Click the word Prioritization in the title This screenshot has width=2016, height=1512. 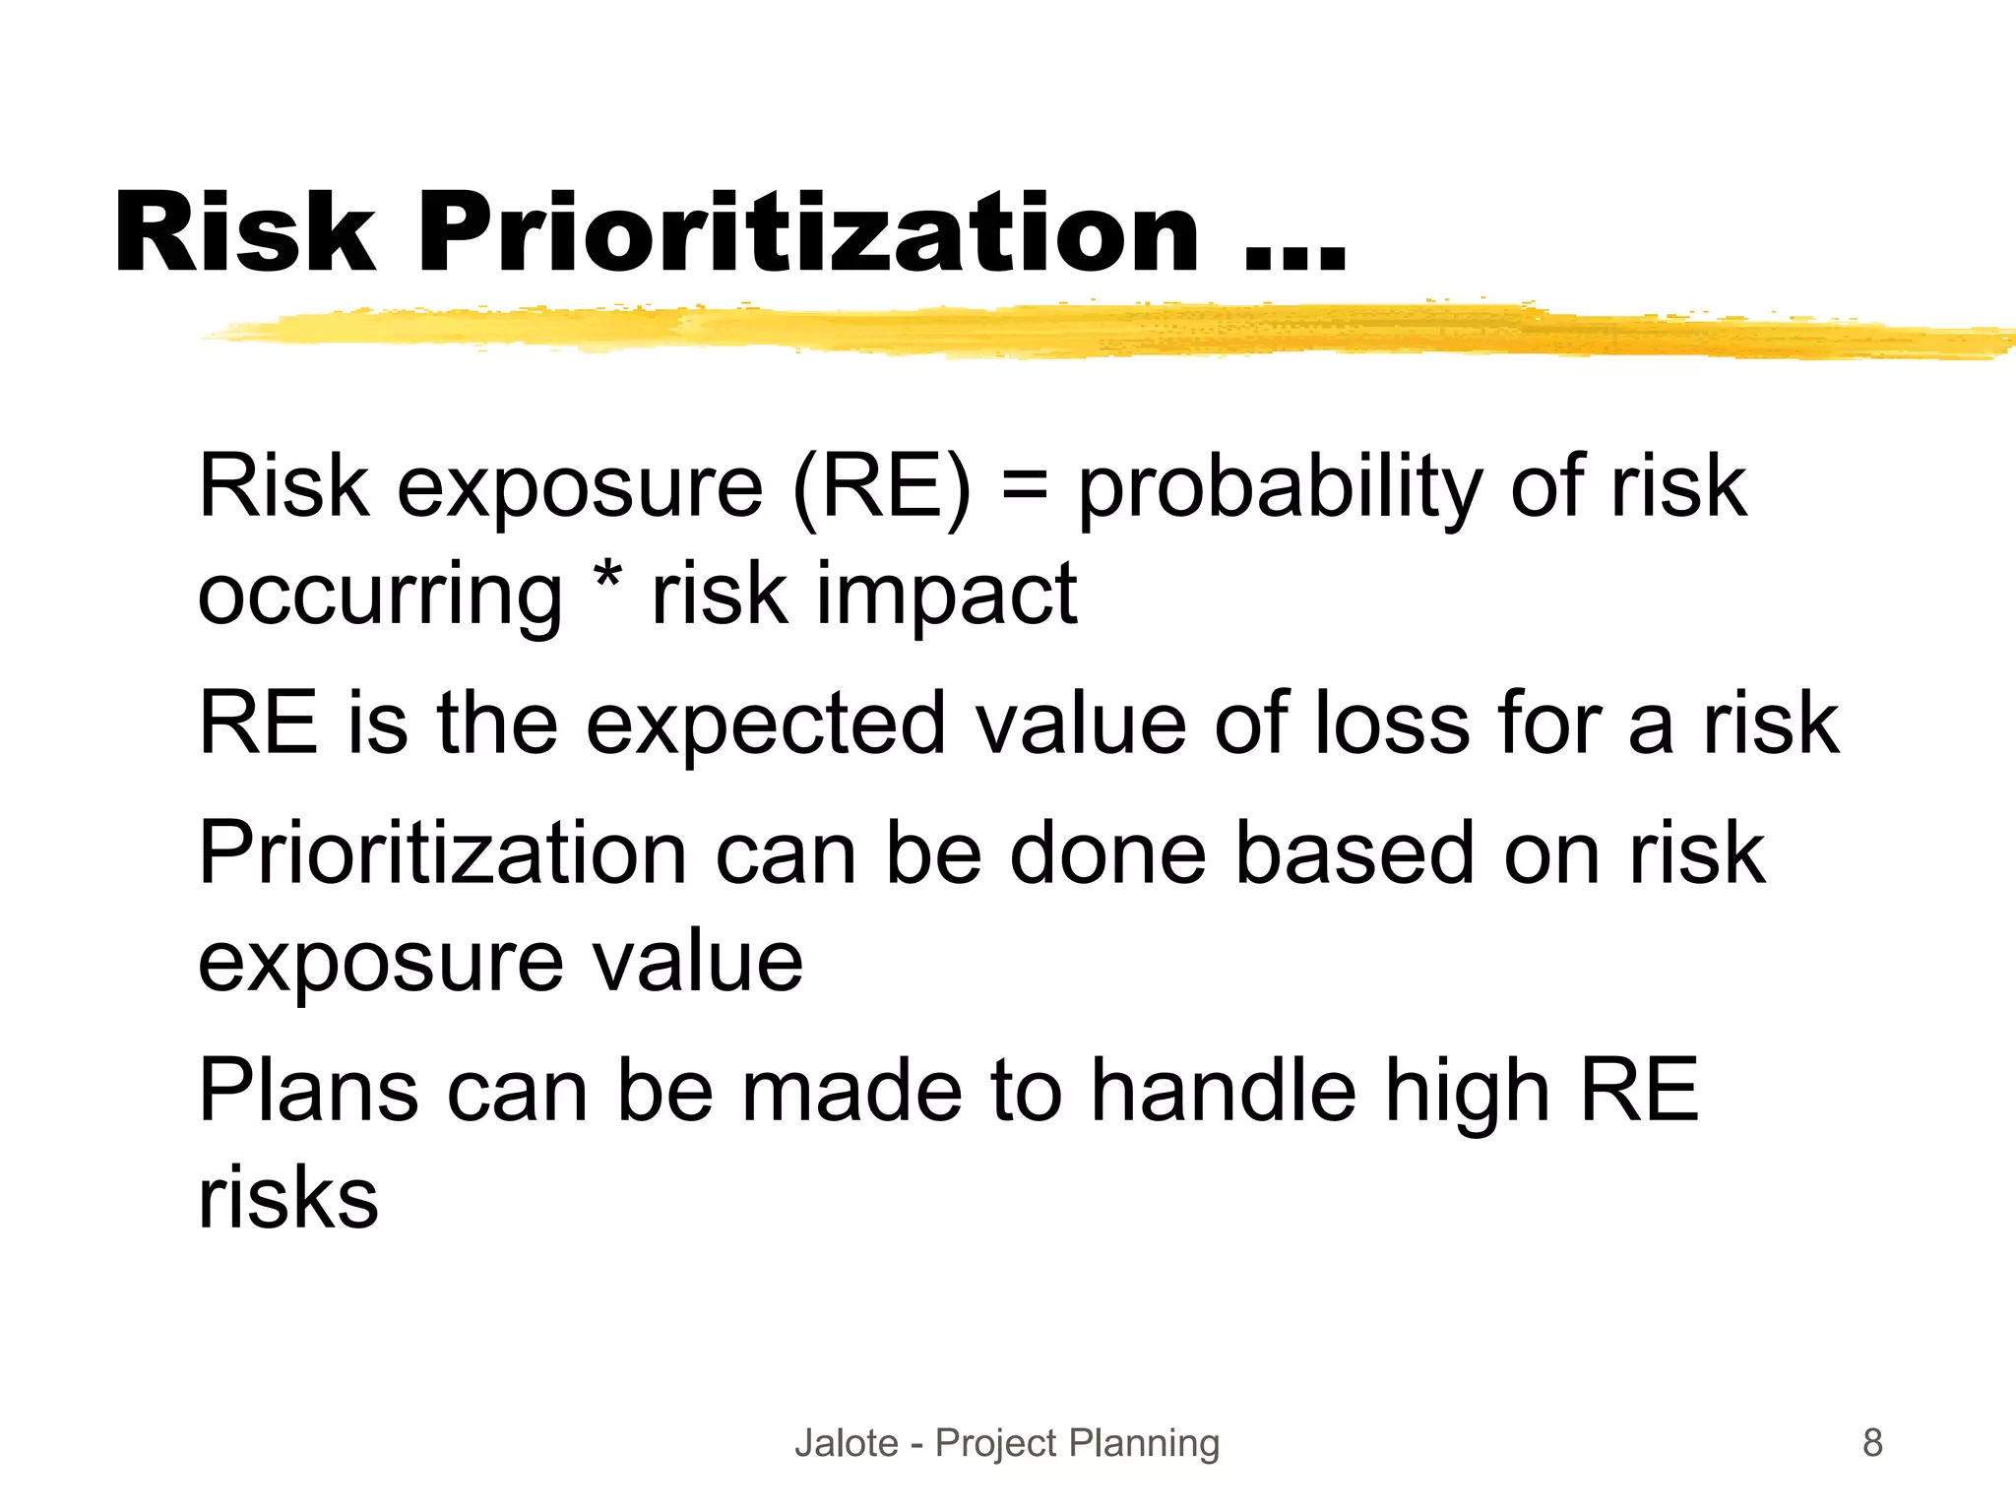tap(807, 233)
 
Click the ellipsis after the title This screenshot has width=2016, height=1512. tap(1294, 256)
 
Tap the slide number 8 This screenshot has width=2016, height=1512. tap(1872, 1443)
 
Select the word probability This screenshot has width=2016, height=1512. tap(1280, 488)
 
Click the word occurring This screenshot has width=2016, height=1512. tap(380, 597)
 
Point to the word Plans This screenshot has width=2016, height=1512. tap(309, 1091)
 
